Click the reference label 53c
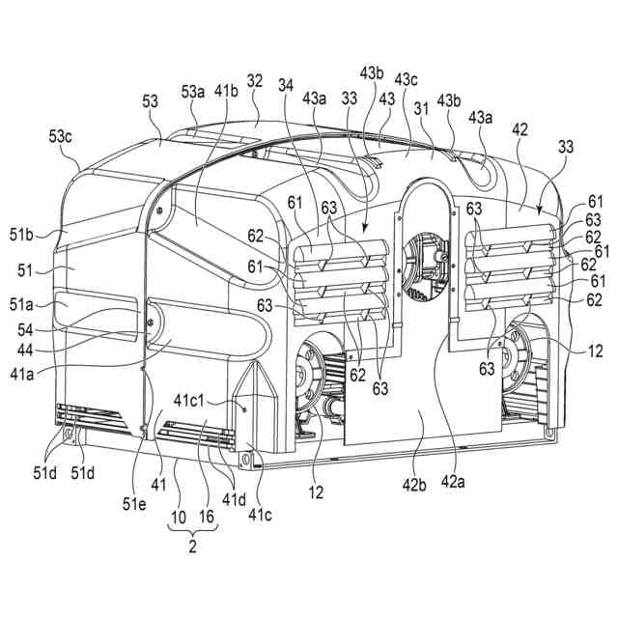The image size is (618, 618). (x=62, y=136)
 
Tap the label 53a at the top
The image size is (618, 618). (x=193, y=93)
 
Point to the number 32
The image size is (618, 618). (x=254, y=84)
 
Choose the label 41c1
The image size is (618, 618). (x=194, y=401)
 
